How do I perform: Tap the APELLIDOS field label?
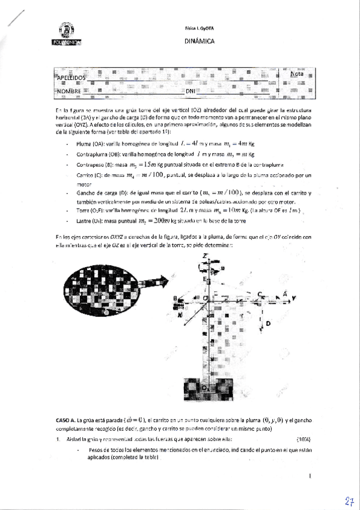click(72, 78)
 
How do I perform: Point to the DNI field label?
click(191, 91)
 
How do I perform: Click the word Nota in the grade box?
click(296, 74)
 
